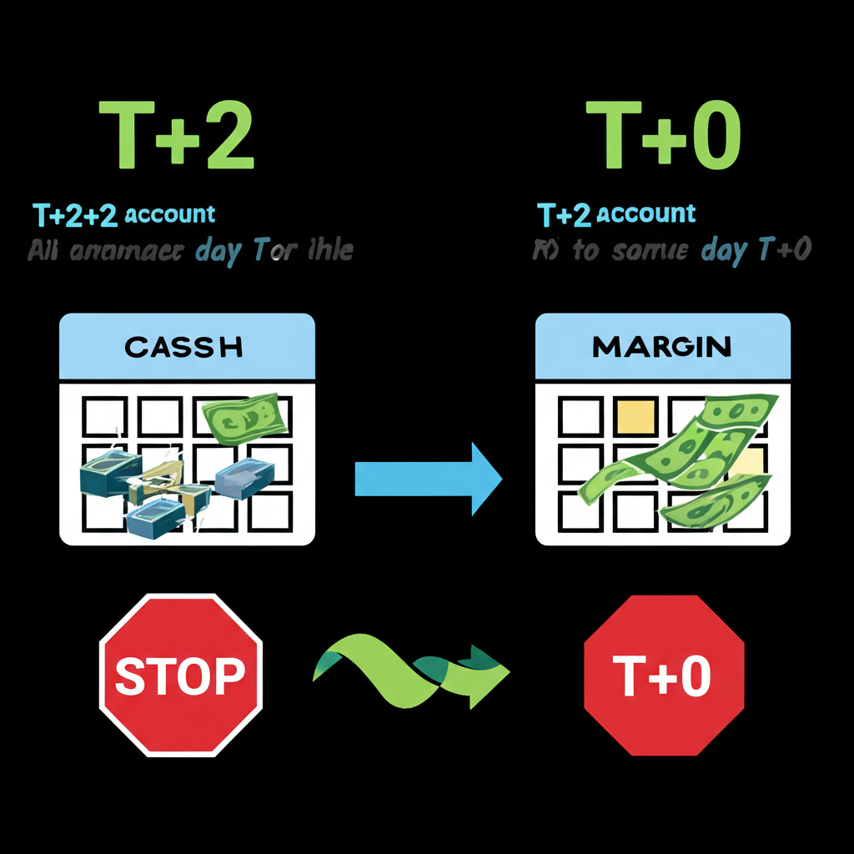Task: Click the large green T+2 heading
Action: (x=177, y=136)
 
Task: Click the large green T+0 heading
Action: (x=662, y=136)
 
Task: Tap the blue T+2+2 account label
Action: (x=124, y=214)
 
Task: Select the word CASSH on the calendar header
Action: (x=183, y=346)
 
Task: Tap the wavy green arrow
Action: (x=409, y=672)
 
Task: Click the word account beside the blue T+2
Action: (x=646, y=214)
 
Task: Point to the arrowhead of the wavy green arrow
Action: (x=488, y=671)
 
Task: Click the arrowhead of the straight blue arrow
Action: (x=484, y=479)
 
